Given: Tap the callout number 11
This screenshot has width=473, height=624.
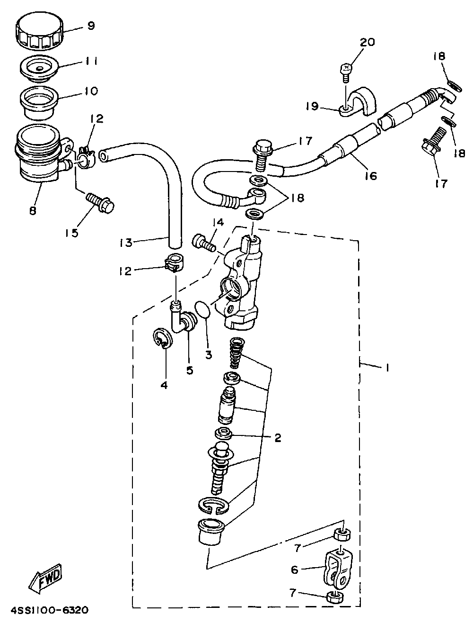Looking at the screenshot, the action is point(91,61).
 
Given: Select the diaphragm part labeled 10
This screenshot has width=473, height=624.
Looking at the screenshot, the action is point(39,102).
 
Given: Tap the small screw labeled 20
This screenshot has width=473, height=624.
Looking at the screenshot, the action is point(346,72).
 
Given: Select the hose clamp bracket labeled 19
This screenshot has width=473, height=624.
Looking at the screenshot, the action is point(358,105).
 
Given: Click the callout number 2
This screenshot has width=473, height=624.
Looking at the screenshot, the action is point(277,437).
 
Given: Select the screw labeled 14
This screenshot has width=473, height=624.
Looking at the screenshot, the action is point(204,243).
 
